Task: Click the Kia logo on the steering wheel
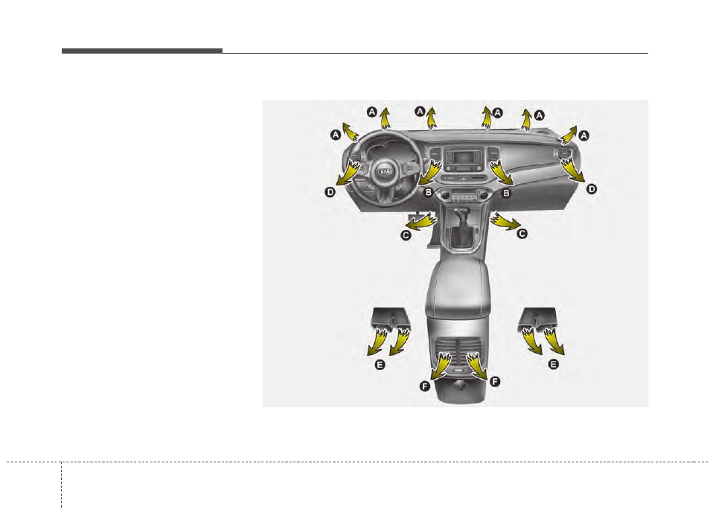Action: (x=386, y=172)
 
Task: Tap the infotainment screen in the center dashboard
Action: (x=461, y=159)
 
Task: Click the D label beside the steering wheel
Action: (x=330, y=192)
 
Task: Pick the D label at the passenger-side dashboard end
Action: (x=592, y=189)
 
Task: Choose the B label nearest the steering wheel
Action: (x=428, y=193)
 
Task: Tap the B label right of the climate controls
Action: (x=506, y=193)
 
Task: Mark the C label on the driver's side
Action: (x=406, y=235)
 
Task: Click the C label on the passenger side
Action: (x=522, y=234)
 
